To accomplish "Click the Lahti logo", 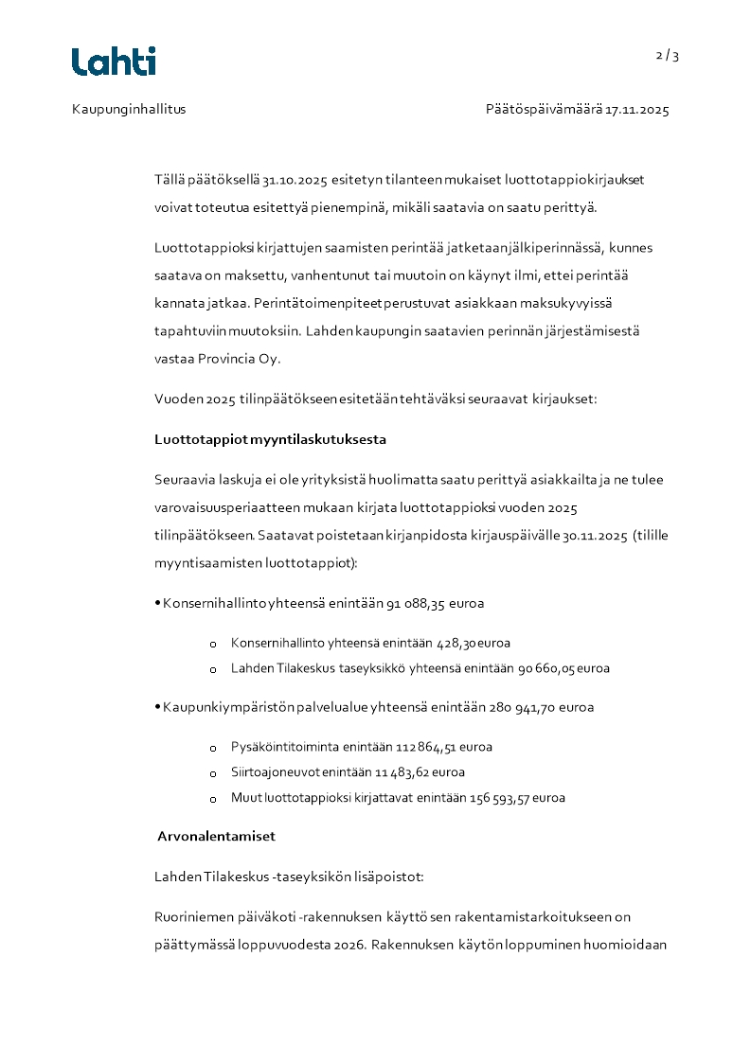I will pyautogui.click(x=114, y=62).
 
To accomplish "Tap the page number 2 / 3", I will pyautogui.click(x=668, y=56).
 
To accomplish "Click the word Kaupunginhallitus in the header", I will pyautogui.click(x=129, y=109).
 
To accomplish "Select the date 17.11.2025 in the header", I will pyautogui.click(x=637, y=109).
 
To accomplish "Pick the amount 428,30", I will pyautogui.click(x=456, y=643).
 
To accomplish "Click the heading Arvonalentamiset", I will pyautogui.click(x=217, y=837).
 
